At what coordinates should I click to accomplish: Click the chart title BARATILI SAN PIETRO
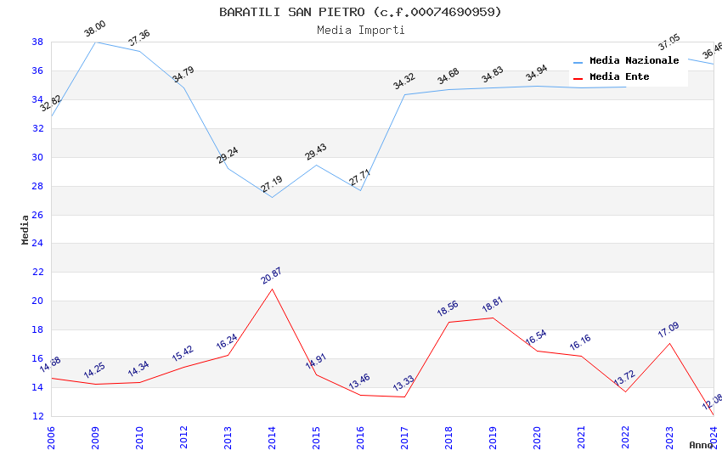(360, 12)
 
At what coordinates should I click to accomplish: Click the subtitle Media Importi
(360, 30)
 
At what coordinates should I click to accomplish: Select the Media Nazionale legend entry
(634, 61)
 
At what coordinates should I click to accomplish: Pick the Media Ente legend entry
(619, 77)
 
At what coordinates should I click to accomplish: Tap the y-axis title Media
(25, 229)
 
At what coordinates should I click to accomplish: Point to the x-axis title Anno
(701, 445)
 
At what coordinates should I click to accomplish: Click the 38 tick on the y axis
(37, 42)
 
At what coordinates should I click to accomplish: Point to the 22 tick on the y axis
(37, 273)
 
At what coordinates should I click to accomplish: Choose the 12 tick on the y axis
(37, 416)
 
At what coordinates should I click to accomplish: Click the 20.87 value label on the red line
(272, 275)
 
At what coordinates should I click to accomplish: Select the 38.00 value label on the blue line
(95, 29)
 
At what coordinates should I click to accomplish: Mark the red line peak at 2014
(272, 289)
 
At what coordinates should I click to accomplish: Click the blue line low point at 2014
(272, 197)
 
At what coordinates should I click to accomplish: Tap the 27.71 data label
(360, 178)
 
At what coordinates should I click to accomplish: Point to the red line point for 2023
(669, 343)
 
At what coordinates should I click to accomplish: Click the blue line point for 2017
(404, 94)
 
